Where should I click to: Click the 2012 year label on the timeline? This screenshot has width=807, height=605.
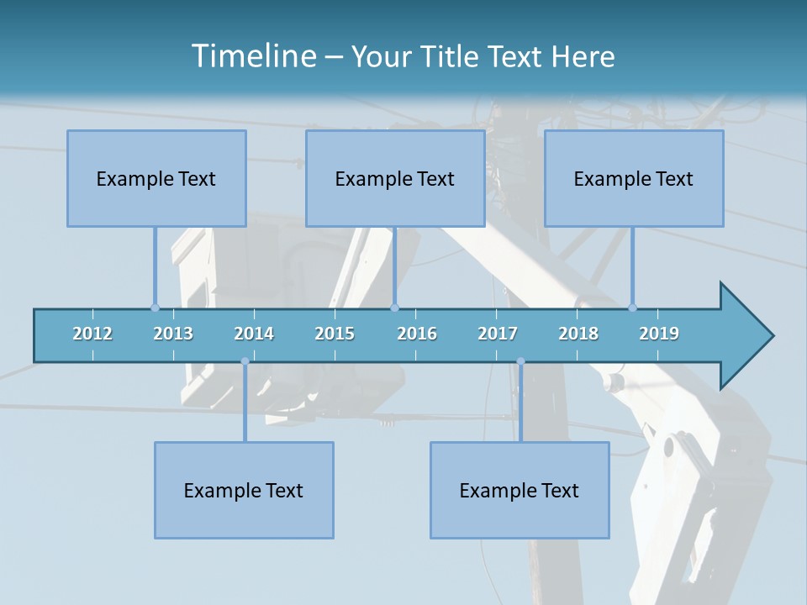point(92,334)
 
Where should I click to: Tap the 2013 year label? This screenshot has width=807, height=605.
point(173,334)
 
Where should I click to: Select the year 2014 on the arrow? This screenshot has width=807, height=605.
point(254,334)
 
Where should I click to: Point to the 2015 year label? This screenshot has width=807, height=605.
point(335,334)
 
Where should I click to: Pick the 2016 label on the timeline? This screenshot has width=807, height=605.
point(417,334)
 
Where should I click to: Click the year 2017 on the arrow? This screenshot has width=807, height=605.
point(498,334)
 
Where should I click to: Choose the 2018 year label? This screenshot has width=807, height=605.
point(578,334)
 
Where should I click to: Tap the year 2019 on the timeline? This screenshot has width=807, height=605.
point(659,334)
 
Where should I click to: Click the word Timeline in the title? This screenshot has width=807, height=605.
point(252,56)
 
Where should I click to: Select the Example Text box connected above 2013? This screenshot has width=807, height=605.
point(156,178)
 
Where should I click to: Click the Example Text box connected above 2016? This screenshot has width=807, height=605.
point(395,178)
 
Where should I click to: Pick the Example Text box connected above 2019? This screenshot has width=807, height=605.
point(634,178)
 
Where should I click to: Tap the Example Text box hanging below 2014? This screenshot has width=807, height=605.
point(244,490)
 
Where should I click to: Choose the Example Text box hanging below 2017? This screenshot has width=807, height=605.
point(520,490)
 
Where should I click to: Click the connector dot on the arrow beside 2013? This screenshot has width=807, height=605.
point(155,308)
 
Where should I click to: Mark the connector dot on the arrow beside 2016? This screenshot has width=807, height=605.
point(395,308)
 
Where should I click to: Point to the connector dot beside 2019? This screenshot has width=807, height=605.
point(633,308)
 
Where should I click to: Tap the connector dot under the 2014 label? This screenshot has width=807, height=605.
point(245,361)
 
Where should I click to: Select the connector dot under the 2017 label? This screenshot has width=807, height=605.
point(520,361)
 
